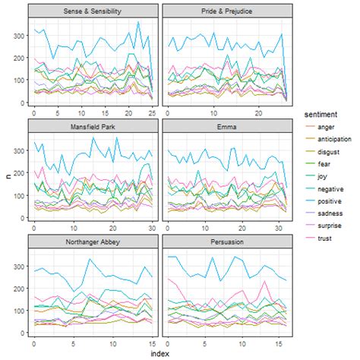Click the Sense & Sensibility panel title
pos(93,11)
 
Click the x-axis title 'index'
pos(160,353)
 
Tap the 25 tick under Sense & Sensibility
pos(152,112)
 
